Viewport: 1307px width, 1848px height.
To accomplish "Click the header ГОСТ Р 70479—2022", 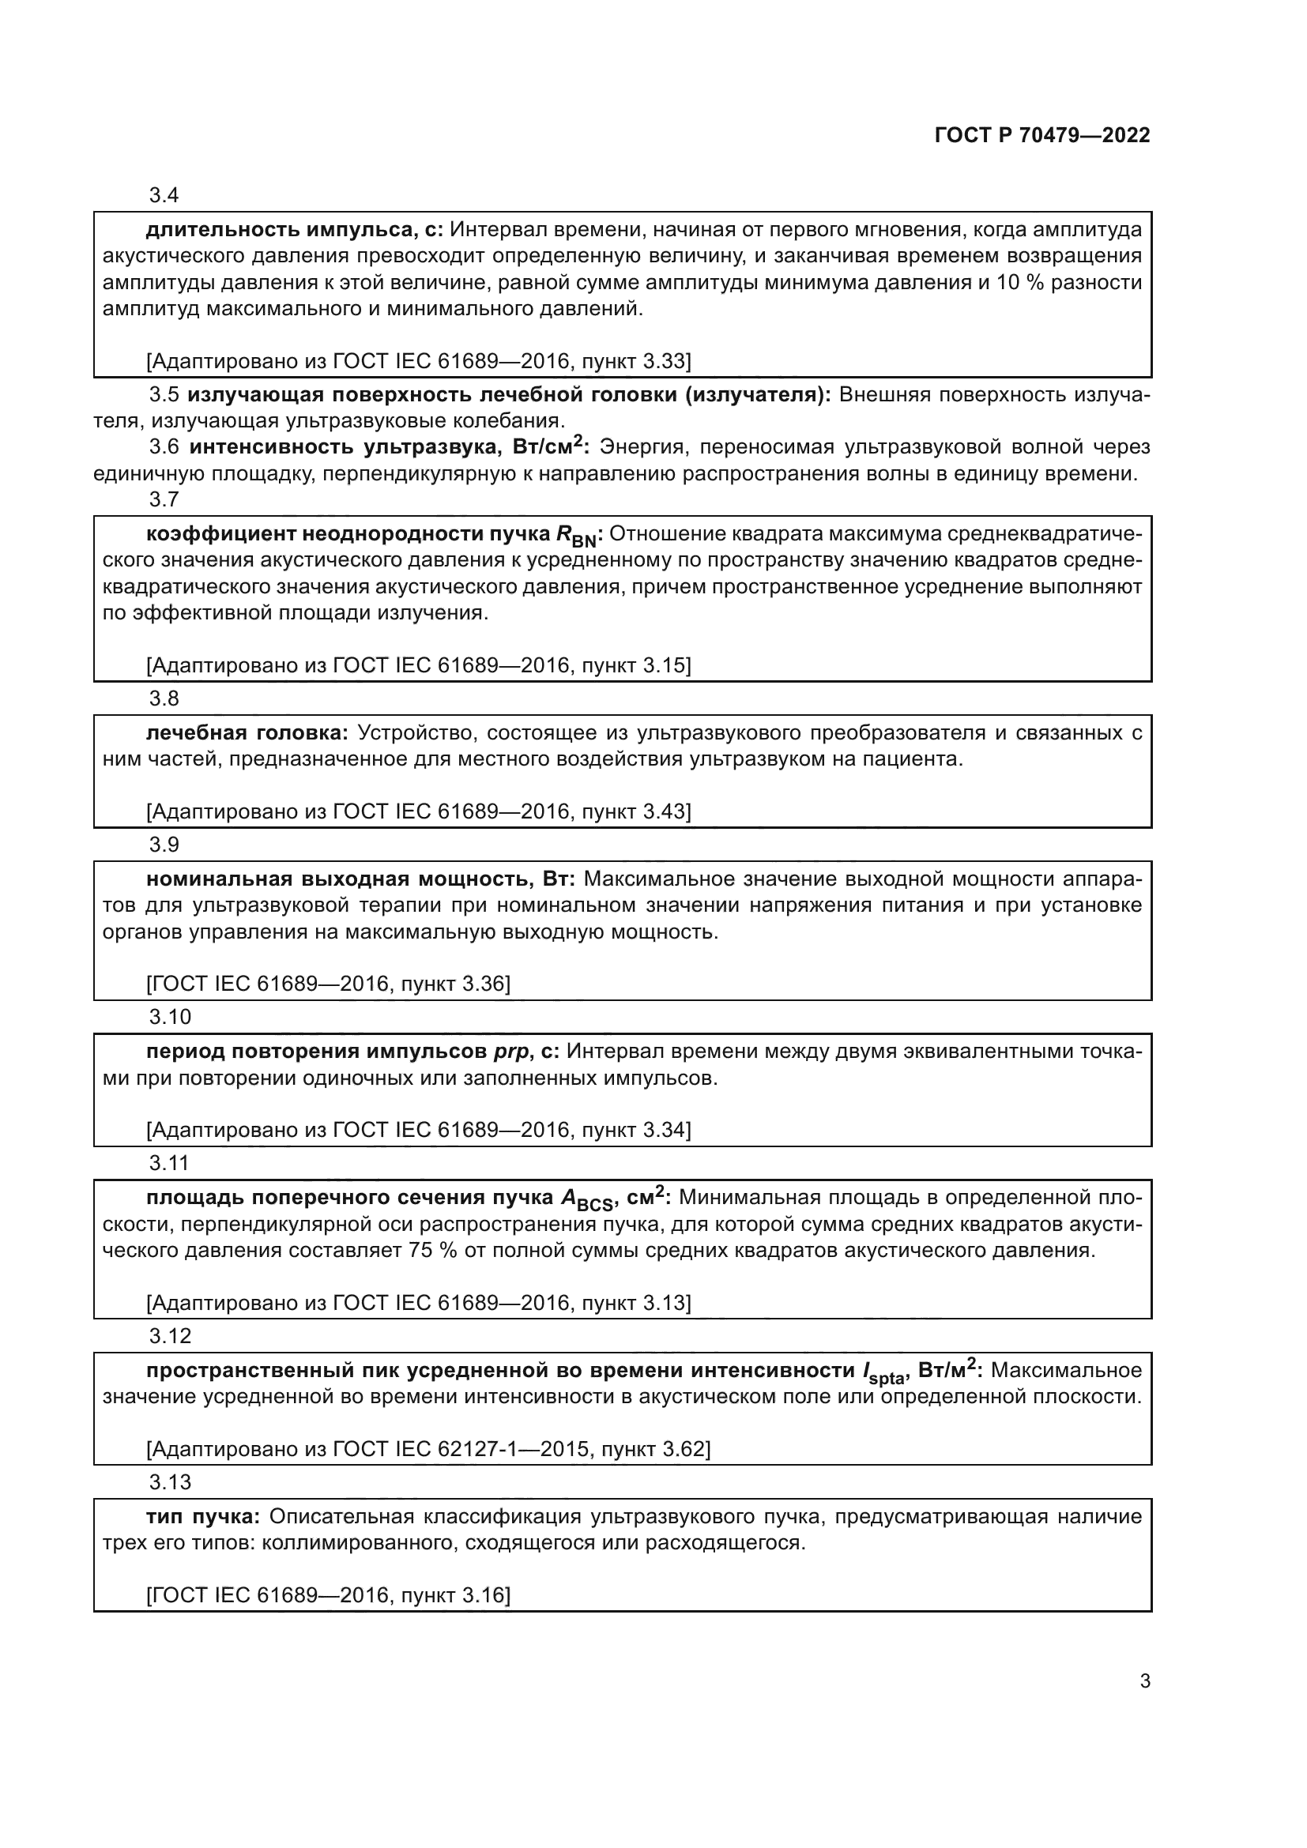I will point(1042,135).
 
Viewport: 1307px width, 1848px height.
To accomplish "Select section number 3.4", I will point(164,195).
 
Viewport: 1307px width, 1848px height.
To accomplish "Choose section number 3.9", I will point(164,845).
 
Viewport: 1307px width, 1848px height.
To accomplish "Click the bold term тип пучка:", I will point(203,1516).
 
